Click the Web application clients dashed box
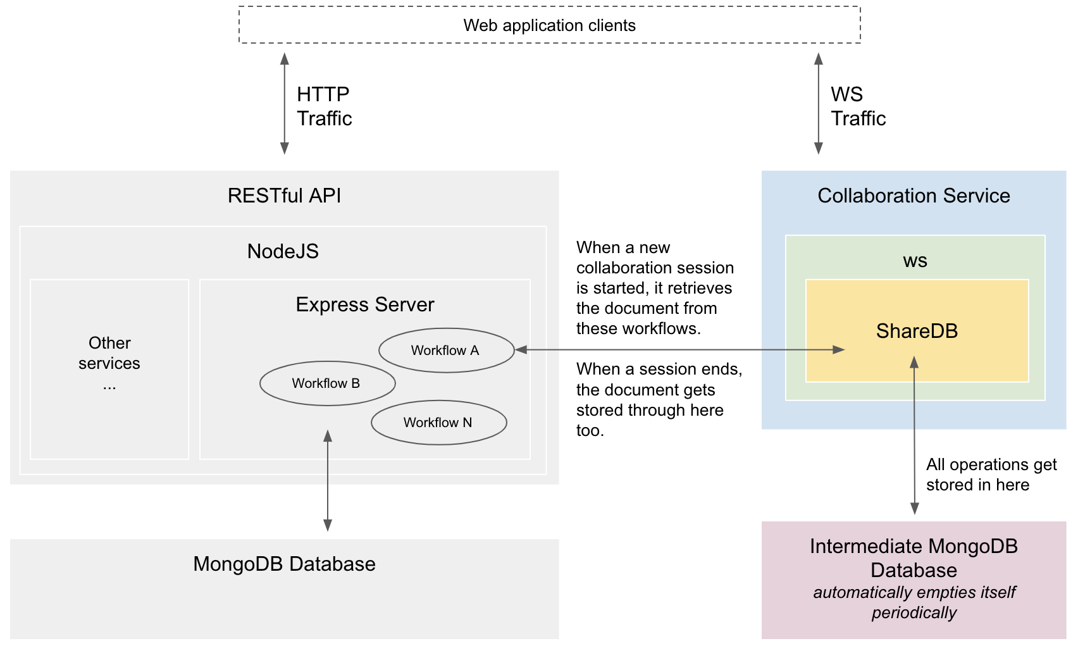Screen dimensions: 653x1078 [x=549, y=25]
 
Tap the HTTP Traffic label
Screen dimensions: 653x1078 [x=324, y=106]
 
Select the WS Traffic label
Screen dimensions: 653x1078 [x=857, y=106]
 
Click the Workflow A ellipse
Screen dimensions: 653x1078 [x=446, y=350]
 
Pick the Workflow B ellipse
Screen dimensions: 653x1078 [x=327, y=383]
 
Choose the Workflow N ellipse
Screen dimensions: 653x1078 [x=438, y=423]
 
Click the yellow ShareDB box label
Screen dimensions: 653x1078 [x=916, y=331]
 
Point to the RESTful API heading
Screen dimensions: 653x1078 [x=284, y=196]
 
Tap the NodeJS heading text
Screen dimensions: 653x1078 [x=283, y=251]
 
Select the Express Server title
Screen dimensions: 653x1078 [x=365, y=304]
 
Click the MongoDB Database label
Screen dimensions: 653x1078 [x=284, y=564]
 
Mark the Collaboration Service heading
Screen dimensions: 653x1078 [x=914, y=196]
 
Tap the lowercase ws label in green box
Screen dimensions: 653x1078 [x=915, y=261]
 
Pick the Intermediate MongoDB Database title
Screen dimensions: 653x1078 [x=914, y=557]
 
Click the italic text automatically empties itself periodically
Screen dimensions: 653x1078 [x=914, y=602]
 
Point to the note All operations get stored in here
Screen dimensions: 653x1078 [x=991, y=475]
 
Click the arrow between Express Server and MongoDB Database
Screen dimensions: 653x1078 [x=328, y=481]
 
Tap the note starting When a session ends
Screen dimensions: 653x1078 [x=658, y=399]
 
